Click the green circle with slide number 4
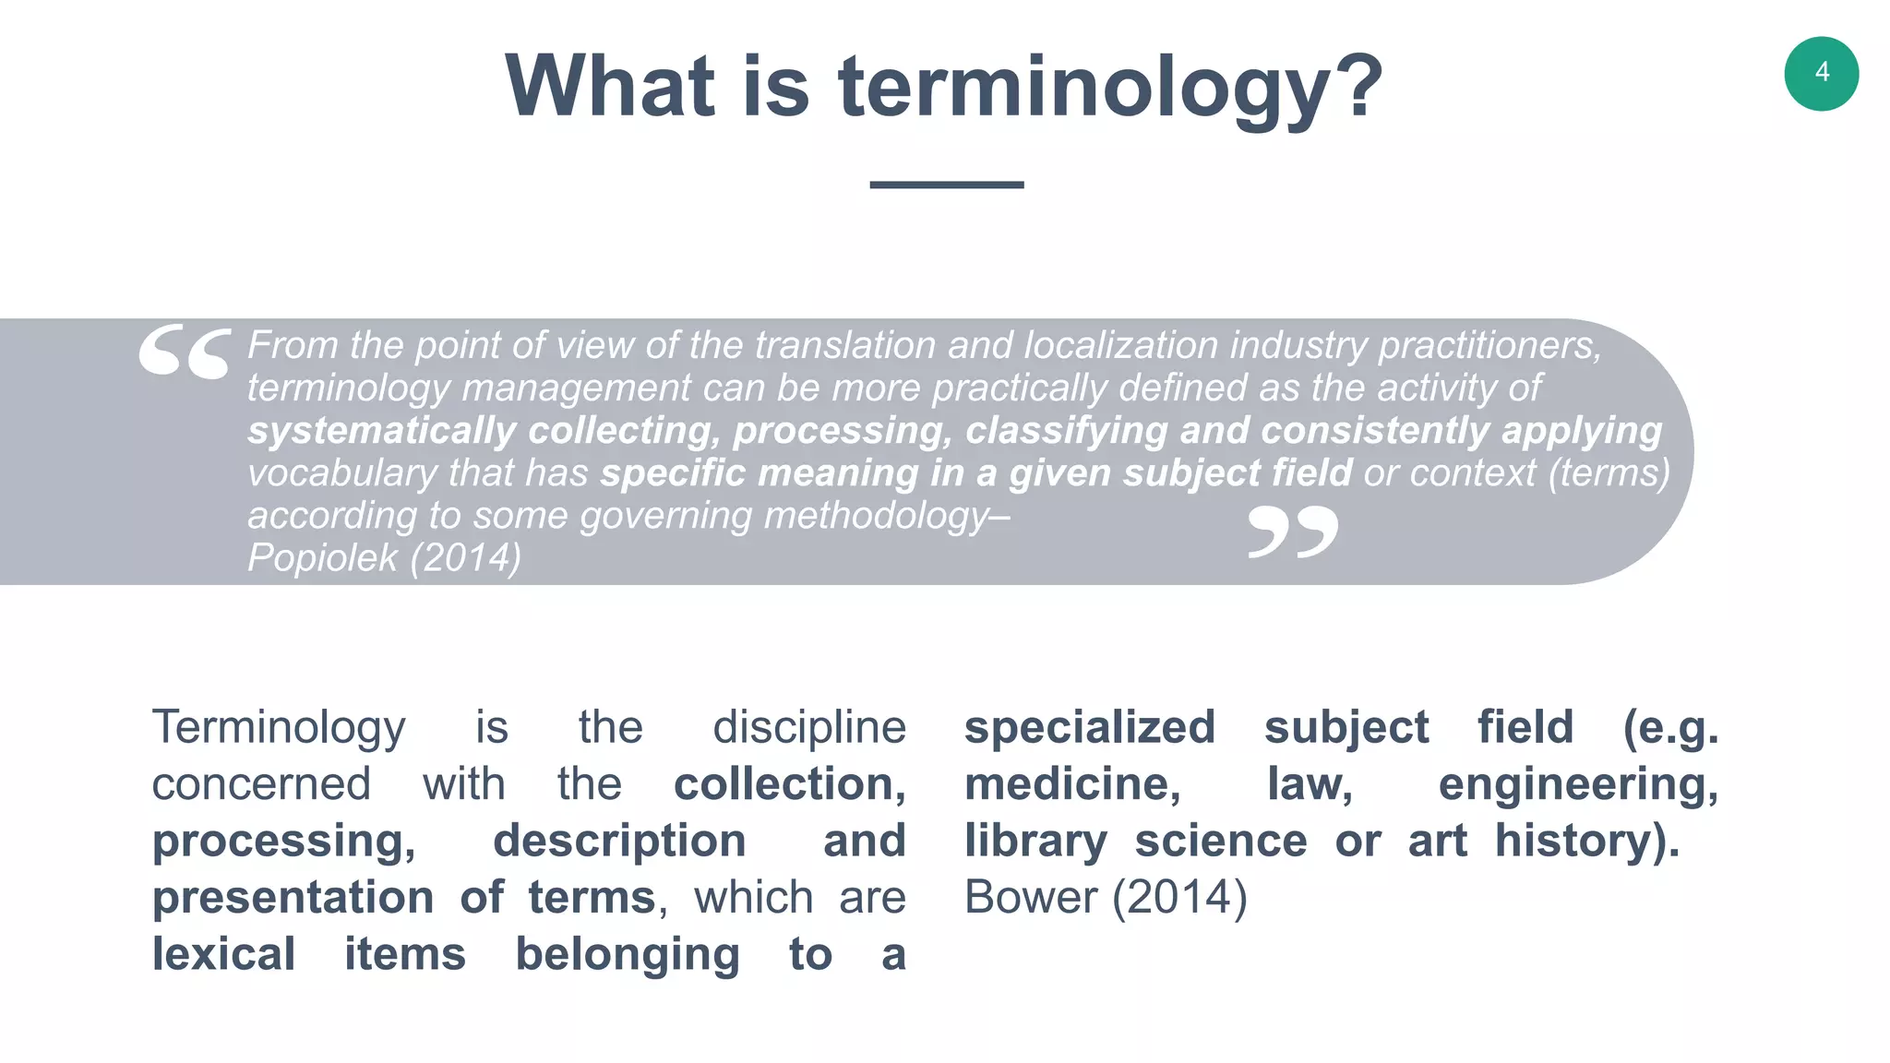tap(1821, 74)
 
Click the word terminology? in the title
tap(1110, 88)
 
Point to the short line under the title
tap(946, 185)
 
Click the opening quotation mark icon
tap(185, 352)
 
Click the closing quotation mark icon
tap(1292, 531)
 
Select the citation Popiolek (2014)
tap(384, 557)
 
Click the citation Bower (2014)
tap(1105, 897)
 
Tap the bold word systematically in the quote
tap(381, 431)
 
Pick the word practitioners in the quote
tap(1489, 346)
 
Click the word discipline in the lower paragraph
tap(809, 727)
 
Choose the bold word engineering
tap(1577, 784)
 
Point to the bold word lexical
tap(223, 954)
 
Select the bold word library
tap(1035, 842)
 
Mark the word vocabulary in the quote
tap(342, 473)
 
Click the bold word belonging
tap(628, 954)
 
